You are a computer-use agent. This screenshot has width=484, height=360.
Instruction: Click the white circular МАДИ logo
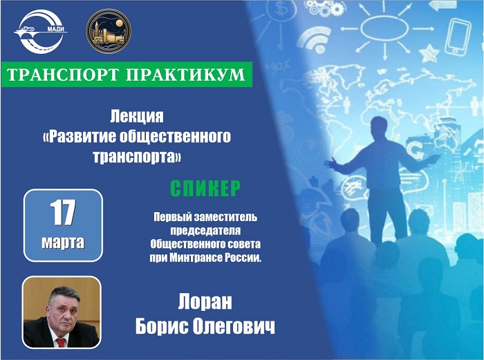(40, 32)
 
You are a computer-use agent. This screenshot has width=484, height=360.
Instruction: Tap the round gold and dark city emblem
(109, 31)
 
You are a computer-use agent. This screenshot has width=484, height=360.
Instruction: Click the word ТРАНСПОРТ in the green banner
(63, 75)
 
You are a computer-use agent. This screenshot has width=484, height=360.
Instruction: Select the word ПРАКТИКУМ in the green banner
(186, 75)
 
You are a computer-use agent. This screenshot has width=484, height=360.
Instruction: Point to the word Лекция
(137, 117)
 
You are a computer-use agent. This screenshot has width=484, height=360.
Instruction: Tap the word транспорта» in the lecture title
(137, 156)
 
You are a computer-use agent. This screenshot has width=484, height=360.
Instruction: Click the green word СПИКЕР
(205, 188)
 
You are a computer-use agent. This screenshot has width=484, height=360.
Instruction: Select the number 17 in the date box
(63, 213)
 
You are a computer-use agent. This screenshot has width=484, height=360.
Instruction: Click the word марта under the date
(63, 243)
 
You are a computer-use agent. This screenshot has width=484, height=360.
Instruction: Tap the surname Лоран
(205, 302)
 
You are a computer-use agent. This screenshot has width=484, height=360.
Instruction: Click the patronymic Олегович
(234, 326)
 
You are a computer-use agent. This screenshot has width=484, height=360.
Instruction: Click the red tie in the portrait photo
(61, 343)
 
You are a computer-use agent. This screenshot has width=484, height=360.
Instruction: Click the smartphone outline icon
(458, 37)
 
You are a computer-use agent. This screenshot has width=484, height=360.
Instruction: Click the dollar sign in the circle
(281, 9)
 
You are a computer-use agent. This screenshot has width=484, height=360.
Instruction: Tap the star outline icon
(429, 53)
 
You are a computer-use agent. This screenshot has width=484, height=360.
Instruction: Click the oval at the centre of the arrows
(384, 28)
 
